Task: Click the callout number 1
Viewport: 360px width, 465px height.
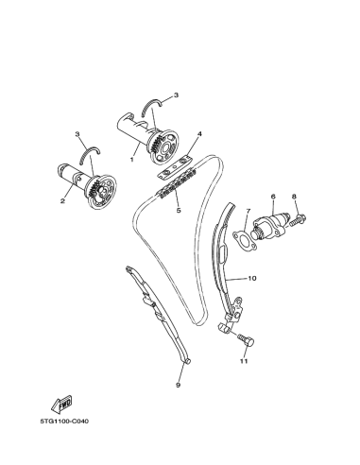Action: [x=132, y=160]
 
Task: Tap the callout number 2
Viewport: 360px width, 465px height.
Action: [x=62, y=200]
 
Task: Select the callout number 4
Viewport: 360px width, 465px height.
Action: [x=199, y=134]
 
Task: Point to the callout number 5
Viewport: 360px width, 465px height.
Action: [x=179, y=210]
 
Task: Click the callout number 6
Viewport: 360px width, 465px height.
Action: [x=273, y=197]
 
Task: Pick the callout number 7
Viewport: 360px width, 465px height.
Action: [x=249, y=211]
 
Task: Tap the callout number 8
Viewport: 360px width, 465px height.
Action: [x=294, y=197]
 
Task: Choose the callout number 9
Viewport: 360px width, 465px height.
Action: [x=178, y=385]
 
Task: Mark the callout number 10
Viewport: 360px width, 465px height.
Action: [x=252, y=278]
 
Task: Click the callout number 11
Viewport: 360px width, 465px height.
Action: [x=244, y=361]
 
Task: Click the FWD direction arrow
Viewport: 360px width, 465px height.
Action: [x=61, y=403]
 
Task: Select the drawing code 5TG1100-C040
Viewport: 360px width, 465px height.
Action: [x=64, y=421]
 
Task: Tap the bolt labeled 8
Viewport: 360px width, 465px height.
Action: [x=298, y=219]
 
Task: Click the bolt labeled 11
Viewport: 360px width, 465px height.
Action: [x=246, y=340]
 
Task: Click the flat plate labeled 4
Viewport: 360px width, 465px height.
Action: [x=175, y=167]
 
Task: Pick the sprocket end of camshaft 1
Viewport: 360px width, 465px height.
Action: [x=163, y=146]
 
